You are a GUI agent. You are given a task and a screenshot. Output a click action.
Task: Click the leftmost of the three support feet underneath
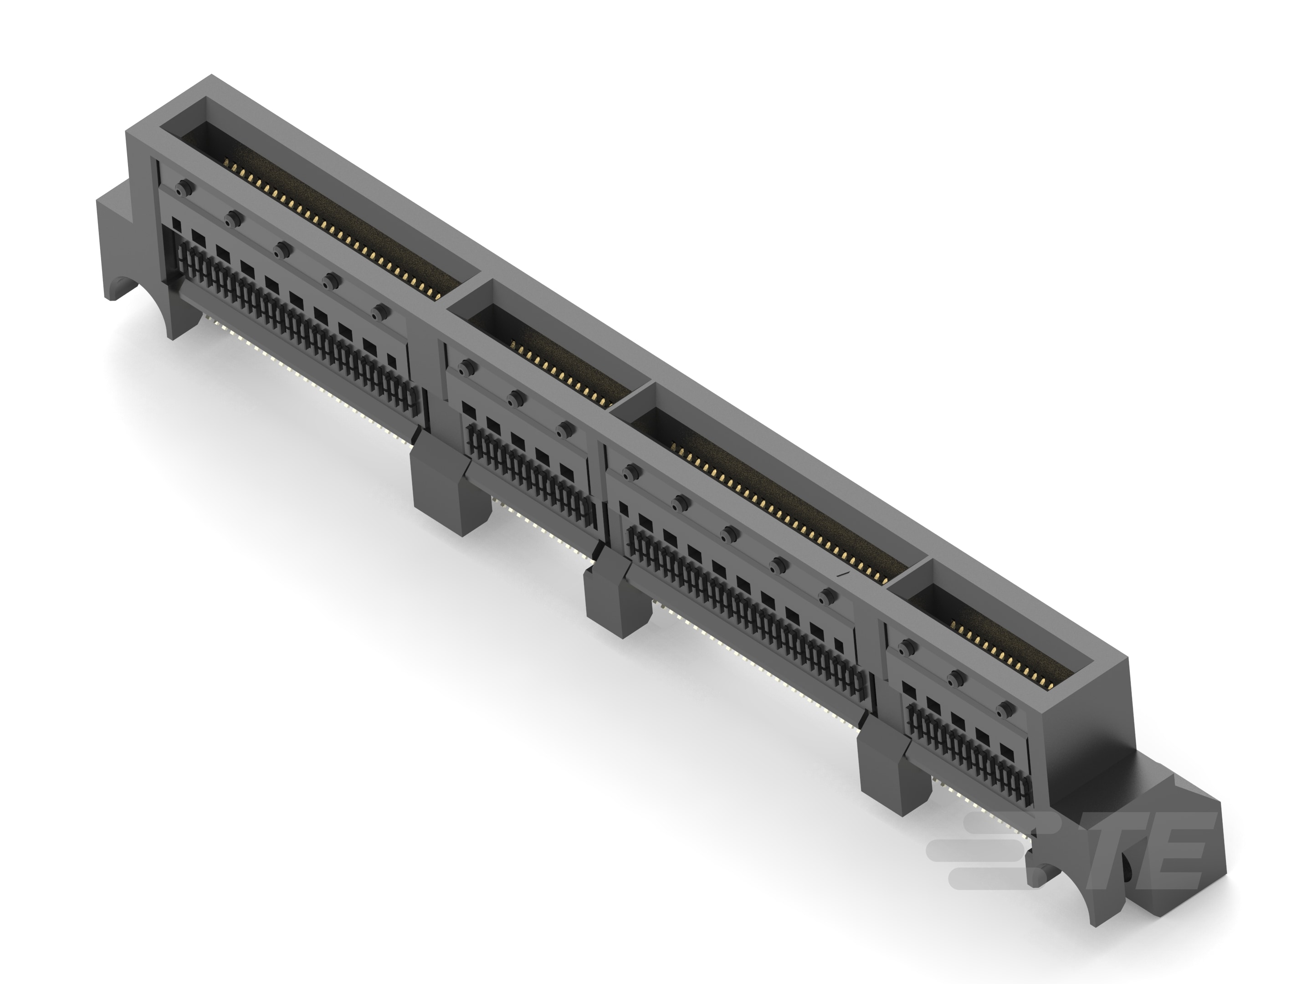(x=451, y=487)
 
